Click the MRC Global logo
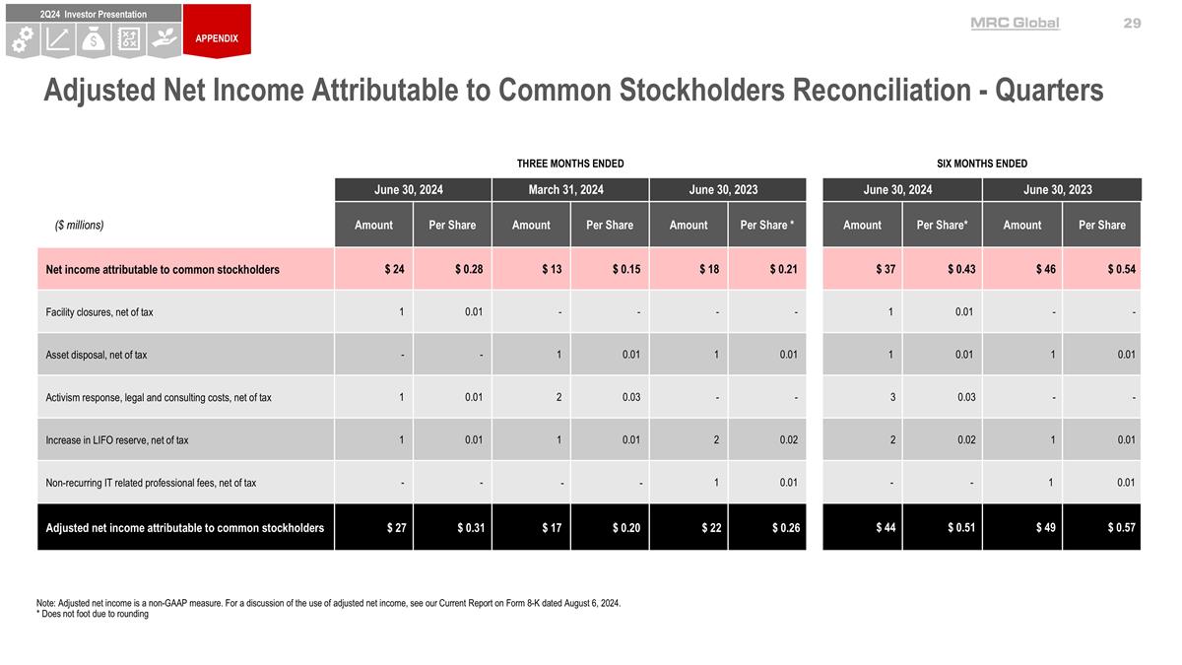(1015, 23)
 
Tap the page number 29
(1132, 23)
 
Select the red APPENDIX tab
(216, 38)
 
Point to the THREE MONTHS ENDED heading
(570, 164)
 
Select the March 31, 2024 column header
(569, 189)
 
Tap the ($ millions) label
(79, 225)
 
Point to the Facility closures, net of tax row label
(99, 312)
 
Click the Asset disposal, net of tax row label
(97, 355)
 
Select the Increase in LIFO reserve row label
(117, 440)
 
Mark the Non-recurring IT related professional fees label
(151, 483)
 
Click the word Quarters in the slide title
(1048, 91)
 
